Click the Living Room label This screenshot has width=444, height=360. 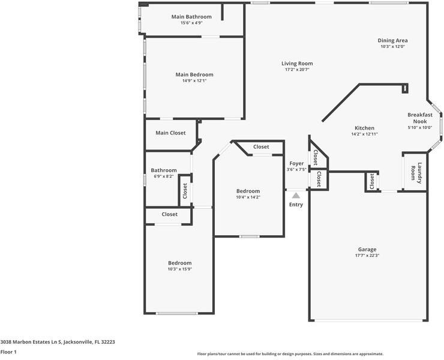pos(297,64)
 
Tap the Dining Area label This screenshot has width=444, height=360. pos(393,41)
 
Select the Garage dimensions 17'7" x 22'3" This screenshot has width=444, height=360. pos(368,256)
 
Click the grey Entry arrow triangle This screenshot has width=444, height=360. pos(296,194)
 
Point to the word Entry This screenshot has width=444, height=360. pos(296,205)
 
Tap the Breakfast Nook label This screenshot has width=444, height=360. pos(420,118)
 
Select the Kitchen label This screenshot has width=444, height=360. pos(364,128)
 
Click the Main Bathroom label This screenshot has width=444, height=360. pos(191,17)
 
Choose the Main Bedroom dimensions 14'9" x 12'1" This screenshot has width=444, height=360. pos(194,81)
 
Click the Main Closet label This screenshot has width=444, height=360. pos(170,133)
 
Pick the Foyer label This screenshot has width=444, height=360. pos(296,163)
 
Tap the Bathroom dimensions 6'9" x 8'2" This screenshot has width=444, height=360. pos(164,176)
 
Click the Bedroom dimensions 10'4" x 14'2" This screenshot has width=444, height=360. pos(248,197)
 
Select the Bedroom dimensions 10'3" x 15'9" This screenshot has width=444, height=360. pos(179,269)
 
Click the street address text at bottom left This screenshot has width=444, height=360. pos(58,341)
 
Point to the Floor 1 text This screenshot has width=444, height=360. pos(8,352)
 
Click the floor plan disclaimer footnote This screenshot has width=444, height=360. pos(290,354)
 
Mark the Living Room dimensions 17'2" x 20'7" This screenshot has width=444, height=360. pos(297,70)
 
